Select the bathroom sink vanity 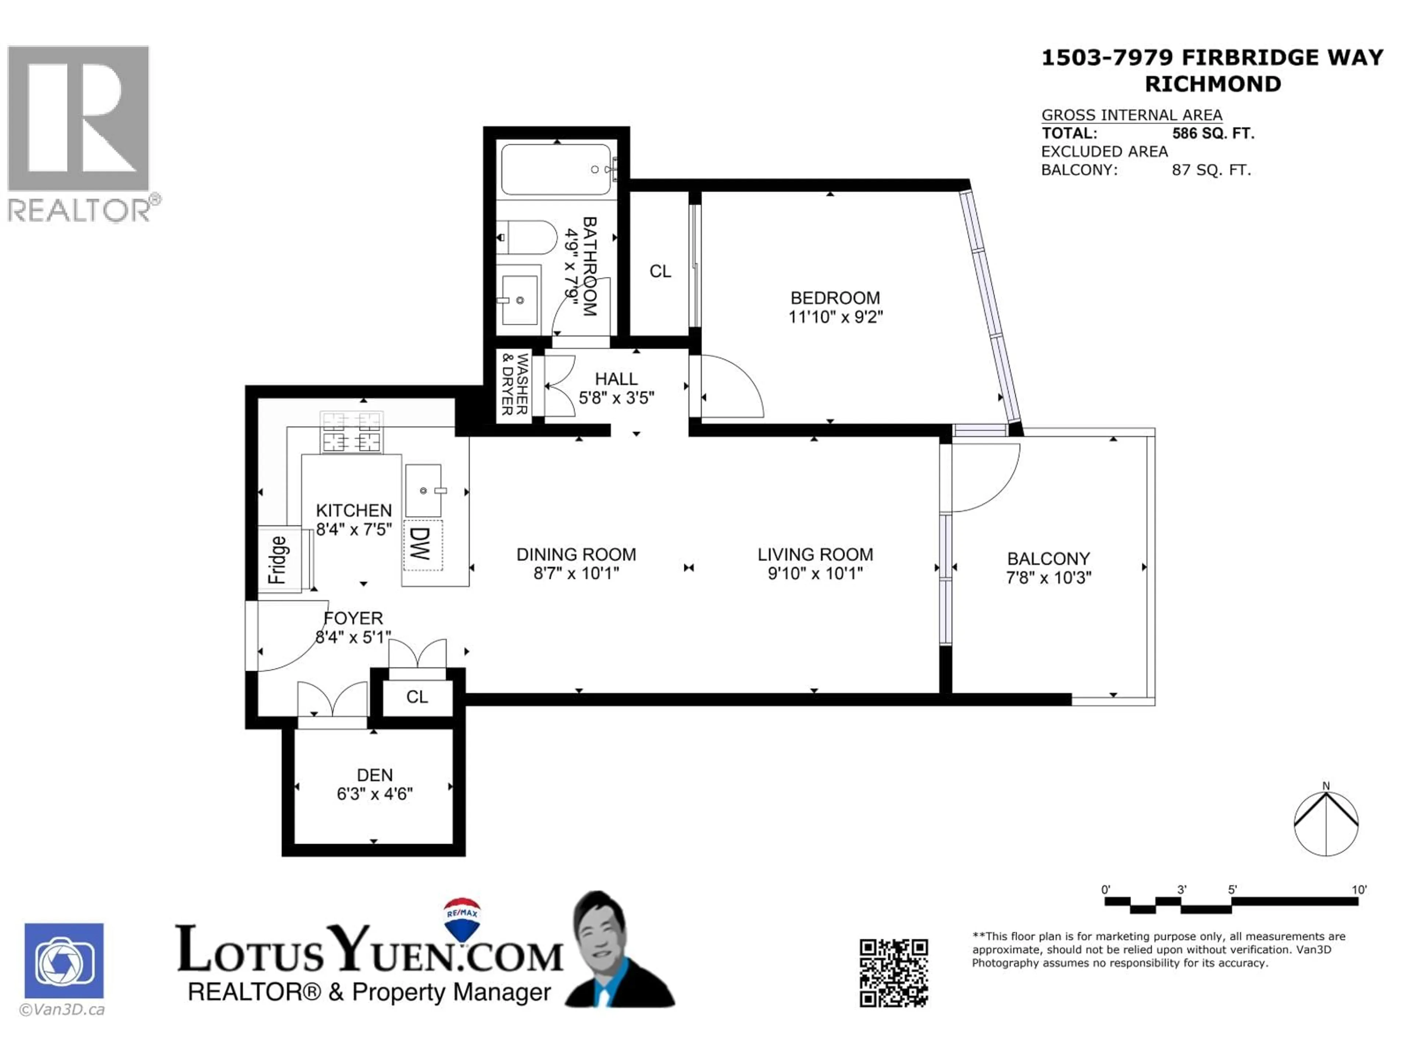pyautogui.click(x=518, y=299)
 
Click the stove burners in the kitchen pyautogui.click(x=351, y=432)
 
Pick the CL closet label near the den pyautogui.click(x=417, y=697)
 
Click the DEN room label pyautogui.click(x=375, y=775)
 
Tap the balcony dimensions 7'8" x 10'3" pyautogui.click(x=1048, y=578)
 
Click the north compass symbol pyautogui.click(x=1326, y=823)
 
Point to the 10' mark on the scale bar pyautogui.click(x=1358, y=890)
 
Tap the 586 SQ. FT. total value pyautogui.click(x=1213, y=133)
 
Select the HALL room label pyautogui.click(x=616, y=379)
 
